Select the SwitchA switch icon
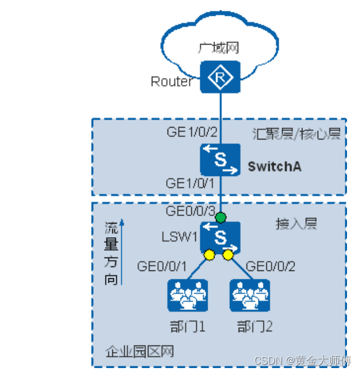220,159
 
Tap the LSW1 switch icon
220,237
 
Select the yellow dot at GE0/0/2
228,255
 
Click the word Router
172,82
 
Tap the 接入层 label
296,224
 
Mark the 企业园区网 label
140,352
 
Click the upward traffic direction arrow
122,251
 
